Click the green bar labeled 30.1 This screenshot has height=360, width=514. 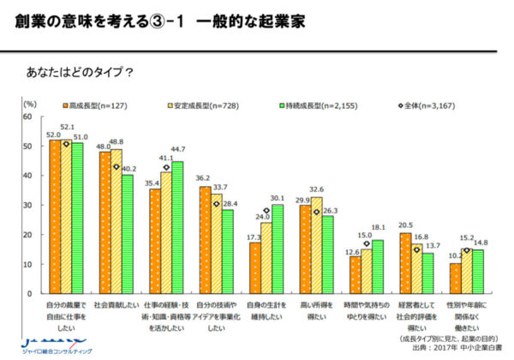278,249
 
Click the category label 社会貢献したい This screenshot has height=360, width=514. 117,304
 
